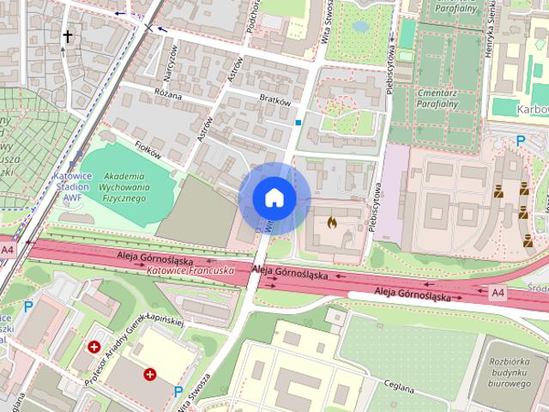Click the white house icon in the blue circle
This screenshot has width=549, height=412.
click(x=274, y=197)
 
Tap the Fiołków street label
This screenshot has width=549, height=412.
click(x=148, y=150)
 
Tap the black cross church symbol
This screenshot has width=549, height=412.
click(x=66, y=36)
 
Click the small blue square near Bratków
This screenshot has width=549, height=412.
click(x=298, y=123)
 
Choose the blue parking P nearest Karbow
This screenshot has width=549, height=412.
click(x=519, y=141)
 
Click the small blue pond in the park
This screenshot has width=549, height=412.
click(x=360, y=27)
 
